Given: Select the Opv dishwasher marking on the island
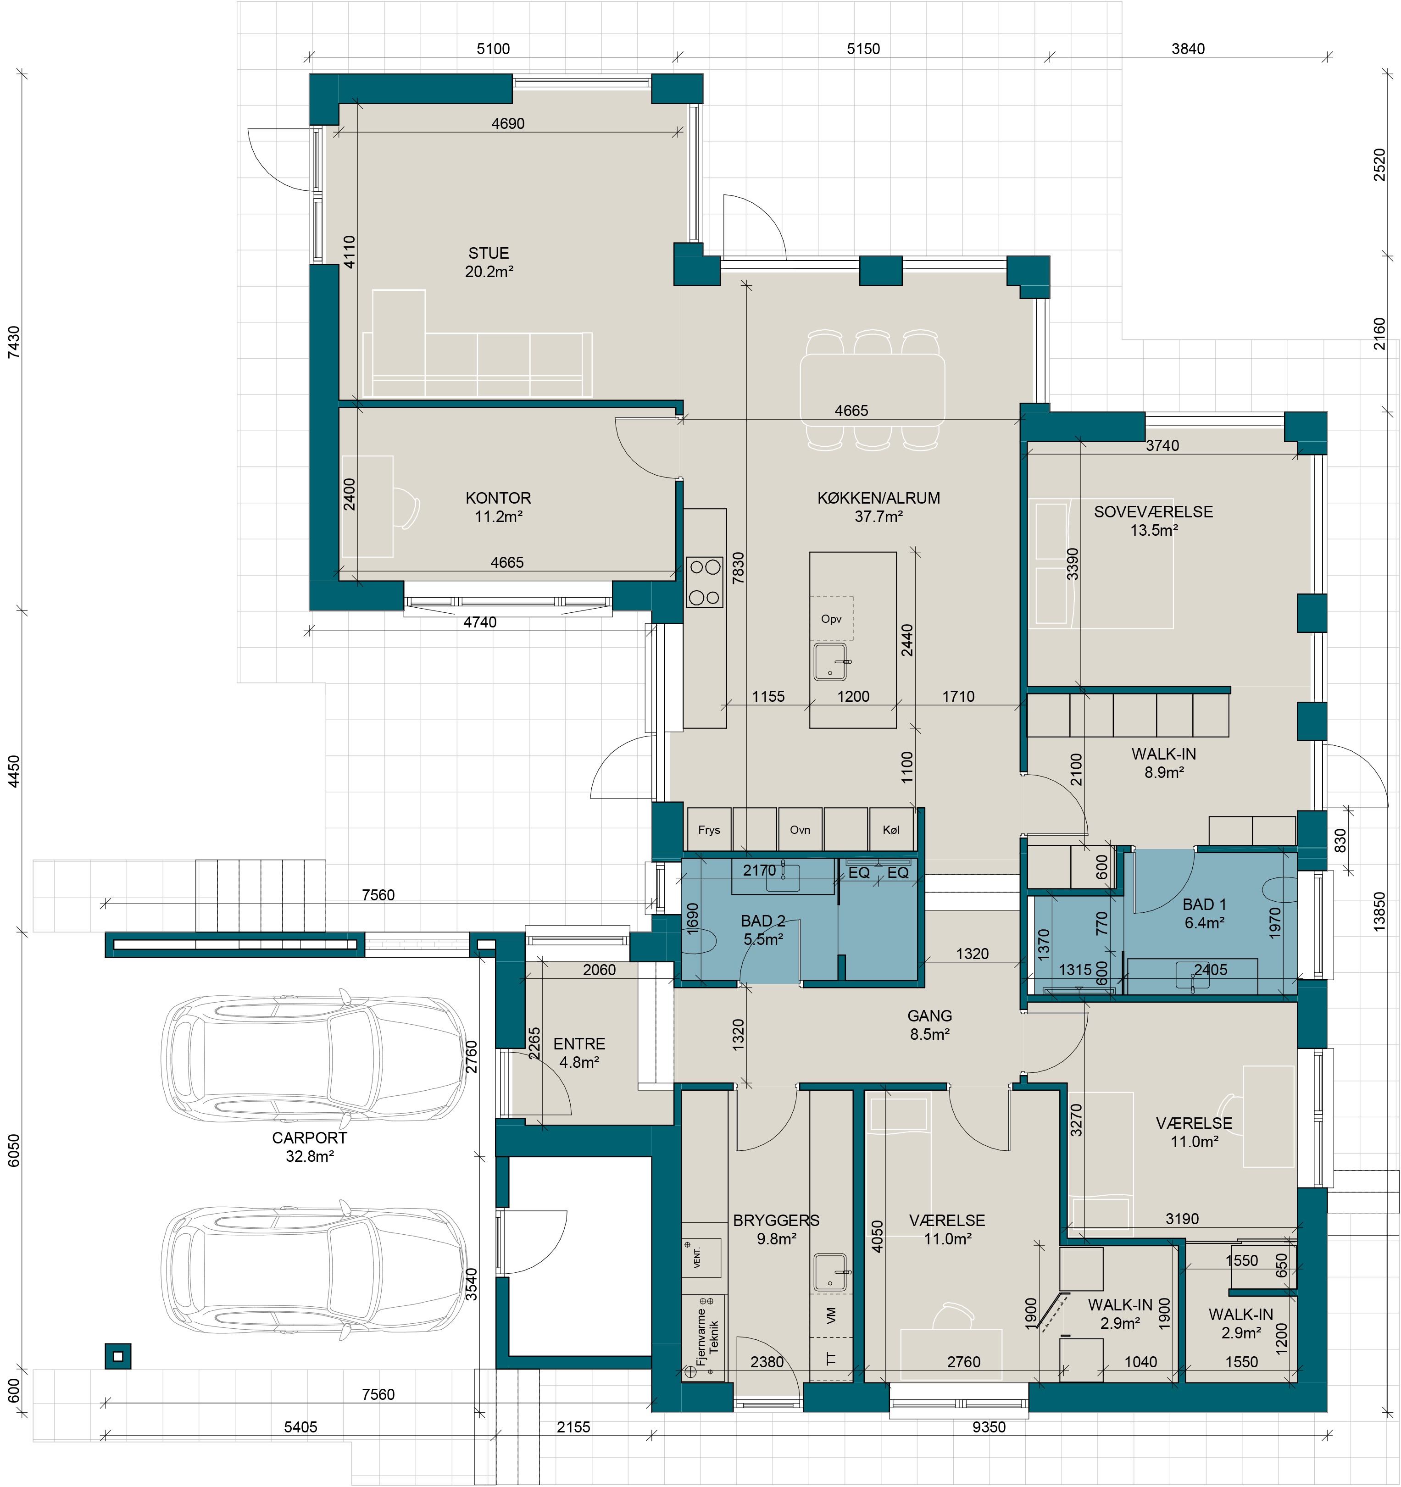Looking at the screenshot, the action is [x=832, y=619].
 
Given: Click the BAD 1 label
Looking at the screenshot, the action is [x=1204, y=904].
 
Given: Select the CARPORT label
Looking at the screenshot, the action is [x=310, y=1137].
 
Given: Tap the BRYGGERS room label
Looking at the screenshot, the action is [x=776, y=1221].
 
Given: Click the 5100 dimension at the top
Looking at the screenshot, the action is [x=494, y=49].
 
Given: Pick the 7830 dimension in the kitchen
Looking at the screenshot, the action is [x=738, y=568].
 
